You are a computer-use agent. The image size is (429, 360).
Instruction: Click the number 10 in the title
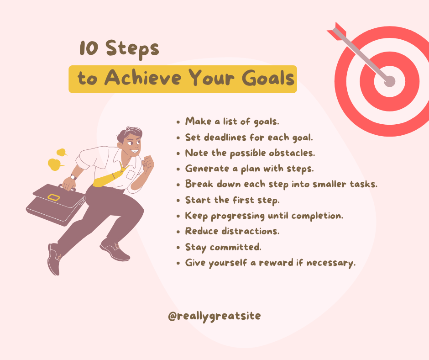[89, 48]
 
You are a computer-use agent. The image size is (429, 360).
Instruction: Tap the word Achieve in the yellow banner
[142, 78]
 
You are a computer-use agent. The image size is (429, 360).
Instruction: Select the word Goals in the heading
[268, 78]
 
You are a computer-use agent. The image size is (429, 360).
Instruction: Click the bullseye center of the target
[390, 81]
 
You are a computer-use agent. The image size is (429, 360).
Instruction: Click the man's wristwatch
[73, 177]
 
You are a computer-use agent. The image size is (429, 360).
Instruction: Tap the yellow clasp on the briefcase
[54, 197]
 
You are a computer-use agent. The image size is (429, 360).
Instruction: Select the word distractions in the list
[251, 231]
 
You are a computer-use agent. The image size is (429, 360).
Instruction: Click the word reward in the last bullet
[276, 263]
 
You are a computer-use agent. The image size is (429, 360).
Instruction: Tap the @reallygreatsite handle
[214, 316]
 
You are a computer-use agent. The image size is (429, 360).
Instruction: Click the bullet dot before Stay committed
[178, 248]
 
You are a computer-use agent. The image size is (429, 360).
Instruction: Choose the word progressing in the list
[237, 216]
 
